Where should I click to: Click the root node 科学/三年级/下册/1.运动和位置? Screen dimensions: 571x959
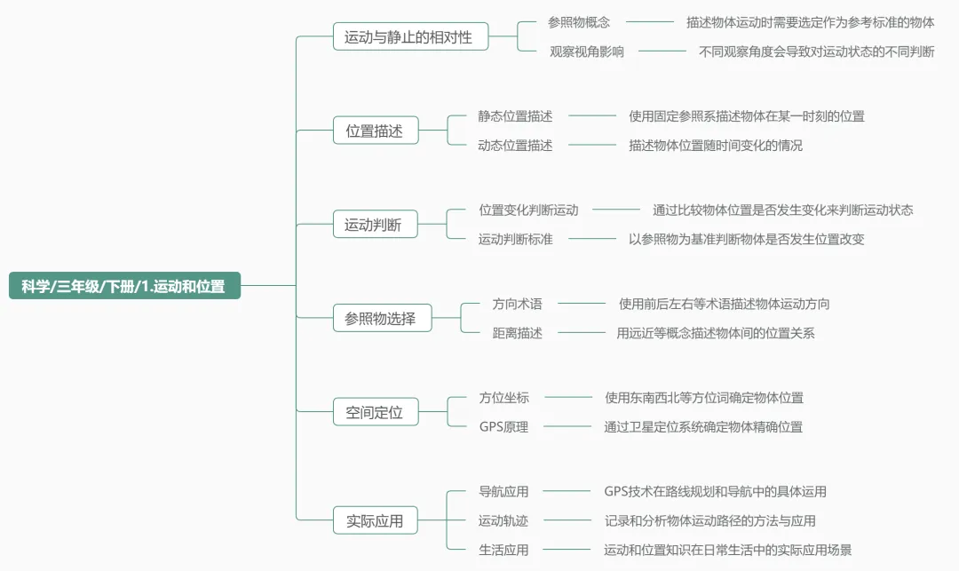coord(124,286)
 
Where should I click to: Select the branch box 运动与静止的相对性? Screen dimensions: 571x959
coord(408,37)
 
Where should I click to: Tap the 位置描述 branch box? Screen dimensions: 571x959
coord(375,131)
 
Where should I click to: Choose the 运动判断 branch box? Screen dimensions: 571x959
coord(373,225)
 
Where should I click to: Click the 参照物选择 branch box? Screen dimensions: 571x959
coord(380,318)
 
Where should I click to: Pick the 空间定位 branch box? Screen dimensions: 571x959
coord(375,412)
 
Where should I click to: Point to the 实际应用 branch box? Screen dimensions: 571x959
coord(375,520)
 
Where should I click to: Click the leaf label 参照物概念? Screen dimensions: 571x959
coord(579,22)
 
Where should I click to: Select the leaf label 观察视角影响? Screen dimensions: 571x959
coord(586,52)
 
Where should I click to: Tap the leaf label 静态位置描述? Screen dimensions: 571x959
coord(515,115)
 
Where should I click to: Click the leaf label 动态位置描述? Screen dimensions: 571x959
coord(515,145)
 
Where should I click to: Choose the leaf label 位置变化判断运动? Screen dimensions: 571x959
coord(528,210)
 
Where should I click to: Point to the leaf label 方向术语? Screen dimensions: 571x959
coord(517,304)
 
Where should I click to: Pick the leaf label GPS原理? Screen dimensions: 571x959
coord(503,426)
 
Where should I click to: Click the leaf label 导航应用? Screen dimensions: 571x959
coord(503,491)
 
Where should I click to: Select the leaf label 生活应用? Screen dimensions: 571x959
coord(503,550)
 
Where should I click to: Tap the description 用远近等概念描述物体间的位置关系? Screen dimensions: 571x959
coord(716,333)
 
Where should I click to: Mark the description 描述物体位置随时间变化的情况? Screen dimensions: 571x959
coord(716,145)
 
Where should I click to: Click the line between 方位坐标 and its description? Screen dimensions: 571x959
coord(567,398)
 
